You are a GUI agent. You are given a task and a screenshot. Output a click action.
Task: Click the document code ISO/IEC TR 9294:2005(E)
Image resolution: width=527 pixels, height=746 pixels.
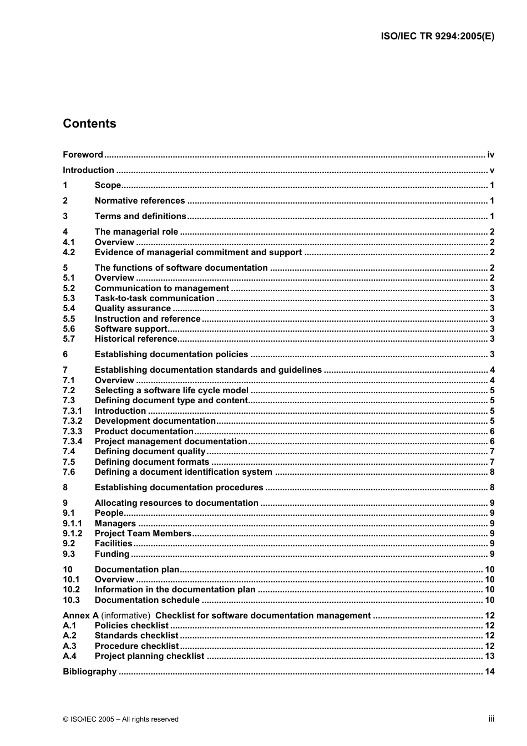[437, 37]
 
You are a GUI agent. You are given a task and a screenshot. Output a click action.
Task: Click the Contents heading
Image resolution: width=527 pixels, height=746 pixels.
[89, 124]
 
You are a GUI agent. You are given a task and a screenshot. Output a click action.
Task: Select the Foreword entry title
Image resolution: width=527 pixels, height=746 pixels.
[83, 155]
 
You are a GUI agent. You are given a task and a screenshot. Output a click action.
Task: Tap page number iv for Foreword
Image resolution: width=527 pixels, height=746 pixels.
[490, 155]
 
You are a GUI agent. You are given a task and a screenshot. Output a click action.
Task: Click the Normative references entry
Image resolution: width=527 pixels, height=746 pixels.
[140, 201]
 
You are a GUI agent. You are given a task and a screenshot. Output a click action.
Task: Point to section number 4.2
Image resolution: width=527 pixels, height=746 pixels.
[69, 252]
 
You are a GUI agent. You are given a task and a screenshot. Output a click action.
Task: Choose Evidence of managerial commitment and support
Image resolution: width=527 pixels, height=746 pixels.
[198, 252]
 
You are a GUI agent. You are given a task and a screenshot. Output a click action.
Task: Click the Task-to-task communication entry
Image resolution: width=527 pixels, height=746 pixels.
[154, 298]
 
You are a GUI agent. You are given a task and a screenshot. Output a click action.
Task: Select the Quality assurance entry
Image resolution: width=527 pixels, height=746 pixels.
[133, 308]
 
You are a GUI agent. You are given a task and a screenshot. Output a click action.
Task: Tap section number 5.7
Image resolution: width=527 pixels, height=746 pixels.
[69, 339]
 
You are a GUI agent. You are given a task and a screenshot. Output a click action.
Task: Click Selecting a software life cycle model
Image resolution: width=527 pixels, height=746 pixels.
[171, 390]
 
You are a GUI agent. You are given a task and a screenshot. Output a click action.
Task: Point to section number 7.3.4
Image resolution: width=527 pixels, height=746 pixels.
[73, 441]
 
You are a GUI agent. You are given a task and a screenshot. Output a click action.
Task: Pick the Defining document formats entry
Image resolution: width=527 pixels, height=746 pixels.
[152, 462]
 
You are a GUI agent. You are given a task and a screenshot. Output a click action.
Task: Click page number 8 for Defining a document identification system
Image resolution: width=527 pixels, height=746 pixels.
[492, 472]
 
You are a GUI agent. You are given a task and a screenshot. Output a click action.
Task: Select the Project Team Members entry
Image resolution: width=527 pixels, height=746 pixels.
[143, 534]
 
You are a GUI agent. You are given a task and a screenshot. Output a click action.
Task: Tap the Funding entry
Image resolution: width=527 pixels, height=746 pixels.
[112, 554]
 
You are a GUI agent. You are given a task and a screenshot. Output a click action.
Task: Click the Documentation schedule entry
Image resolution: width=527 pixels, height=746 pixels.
[147, 600]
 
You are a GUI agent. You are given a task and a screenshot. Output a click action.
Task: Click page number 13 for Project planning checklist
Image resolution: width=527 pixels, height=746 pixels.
[489, 656]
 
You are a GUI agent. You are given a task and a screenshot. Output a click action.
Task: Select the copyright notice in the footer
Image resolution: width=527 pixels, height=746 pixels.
[121, 719]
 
